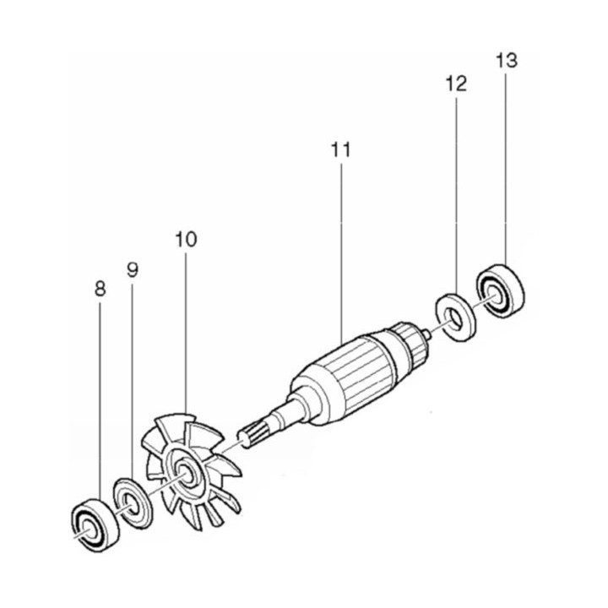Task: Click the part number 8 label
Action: point(100,289)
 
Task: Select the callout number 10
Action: point(186,239)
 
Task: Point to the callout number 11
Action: point(340,150)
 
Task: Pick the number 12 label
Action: point(456,84)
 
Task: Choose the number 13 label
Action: point(506,61)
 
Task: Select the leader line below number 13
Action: point(506,169)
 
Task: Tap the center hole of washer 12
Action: point(455,317)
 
